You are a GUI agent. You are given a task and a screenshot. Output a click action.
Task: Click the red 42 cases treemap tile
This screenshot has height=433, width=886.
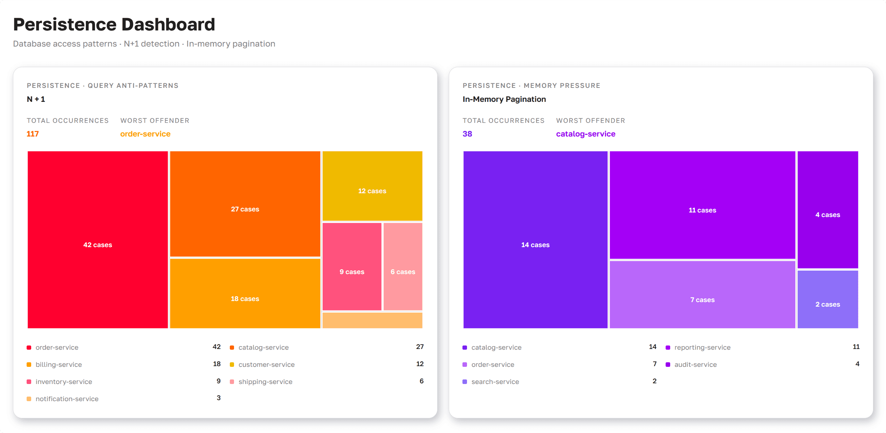(98, 240)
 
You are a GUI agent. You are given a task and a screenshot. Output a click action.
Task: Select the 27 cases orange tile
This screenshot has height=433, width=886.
(245, 204)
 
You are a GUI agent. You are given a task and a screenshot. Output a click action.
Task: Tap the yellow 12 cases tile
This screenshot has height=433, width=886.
(372, 186)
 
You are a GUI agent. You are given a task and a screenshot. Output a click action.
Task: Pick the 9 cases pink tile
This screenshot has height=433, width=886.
(352, 266)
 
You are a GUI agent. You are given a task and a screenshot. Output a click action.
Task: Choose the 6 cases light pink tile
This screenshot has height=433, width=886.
(403, 266)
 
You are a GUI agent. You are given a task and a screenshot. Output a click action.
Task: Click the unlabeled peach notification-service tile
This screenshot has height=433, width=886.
(372, 320)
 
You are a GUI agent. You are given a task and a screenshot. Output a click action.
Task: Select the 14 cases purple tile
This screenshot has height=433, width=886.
(535, 240)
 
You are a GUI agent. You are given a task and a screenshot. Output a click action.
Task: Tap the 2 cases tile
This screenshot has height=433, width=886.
(827, 299)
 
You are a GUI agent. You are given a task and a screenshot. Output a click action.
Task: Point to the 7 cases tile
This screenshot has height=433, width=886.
(702, 295)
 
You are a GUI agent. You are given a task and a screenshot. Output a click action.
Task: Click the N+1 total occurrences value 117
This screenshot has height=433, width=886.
(33, 134)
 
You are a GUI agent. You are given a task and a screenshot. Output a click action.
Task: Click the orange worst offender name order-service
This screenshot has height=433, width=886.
(145, 134)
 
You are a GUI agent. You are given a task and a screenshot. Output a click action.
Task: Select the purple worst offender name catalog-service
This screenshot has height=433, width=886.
(586, 134)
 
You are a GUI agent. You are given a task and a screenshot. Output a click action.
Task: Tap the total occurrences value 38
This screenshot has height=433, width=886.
(467, 134)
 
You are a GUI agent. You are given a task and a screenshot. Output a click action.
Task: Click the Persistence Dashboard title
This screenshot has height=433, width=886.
(114, 25)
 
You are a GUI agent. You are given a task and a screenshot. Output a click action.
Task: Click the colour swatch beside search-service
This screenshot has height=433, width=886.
(465, 382)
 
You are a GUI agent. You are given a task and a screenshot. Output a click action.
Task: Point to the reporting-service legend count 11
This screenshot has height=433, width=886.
(856, 347)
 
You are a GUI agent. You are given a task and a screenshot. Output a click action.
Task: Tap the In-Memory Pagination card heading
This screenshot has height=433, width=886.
(504, 99)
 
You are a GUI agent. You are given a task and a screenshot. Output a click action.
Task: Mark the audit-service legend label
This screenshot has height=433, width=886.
(695, 364)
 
